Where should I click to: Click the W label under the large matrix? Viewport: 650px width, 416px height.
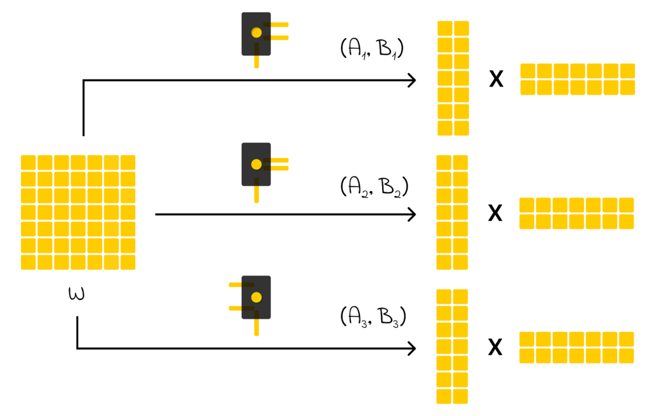point(76,295)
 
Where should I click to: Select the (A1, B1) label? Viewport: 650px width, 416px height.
point(373,51)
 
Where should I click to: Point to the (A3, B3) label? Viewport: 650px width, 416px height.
point(373,316)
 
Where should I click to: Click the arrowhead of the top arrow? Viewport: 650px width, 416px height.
point(412,81)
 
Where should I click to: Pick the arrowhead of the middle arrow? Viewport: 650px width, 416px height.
point(412,215)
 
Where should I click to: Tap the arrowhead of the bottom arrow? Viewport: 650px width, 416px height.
point(412,349)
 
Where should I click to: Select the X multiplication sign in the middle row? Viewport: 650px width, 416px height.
point(495,213)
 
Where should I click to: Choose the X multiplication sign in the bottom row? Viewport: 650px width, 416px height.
point(495,347)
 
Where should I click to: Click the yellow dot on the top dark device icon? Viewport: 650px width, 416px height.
point(256,32)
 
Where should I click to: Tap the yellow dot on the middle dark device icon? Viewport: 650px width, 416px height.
point(256,164)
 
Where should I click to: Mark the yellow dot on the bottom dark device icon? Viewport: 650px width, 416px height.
point(256,297)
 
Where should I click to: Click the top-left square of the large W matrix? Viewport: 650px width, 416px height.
point(28,162)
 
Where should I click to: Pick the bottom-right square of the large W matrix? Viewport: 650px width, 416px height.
point(128,262)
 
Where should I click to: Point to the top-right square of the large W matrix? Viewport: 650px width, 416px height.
point(128,162)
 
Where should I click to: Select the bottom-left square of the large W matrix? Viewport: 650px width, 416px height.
point(28,262)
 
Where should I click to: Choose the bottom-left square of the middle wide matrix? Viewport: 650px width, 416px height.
point(527,222)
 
